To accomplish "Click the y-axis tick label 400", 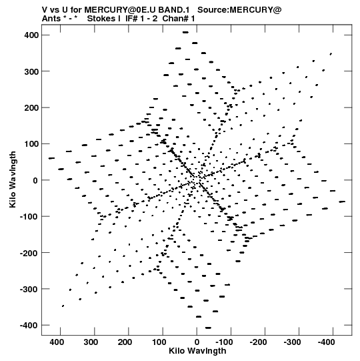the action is pos(31,35).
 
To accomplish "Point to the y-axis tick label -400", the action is pos(29,326).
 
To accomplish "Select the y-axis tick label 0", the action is pos(35,180).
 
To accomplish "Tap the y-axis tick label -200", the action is pos(29,253).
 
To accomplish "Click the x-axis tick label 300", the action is pos(91,342).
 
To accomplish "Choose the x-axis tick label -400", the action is pos(326,342).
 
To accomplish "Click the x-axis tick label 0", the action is pos(197,342).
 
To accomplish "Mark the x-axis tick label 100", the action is pos(159,342).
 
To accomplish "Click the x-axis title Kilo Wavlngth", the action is pos(197,351).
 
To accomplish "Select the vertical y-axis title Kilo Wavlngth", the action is pos(13,179).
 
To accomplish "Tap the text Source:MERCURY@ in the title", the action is pos(239,10).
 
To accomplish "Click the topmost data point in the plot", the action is pos(185,32).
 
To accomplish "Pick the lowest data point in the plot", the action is pos(208,328).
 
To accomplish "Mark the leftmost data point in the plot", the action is pos(51,158).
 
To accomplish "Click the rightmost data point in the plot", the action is pos(342,202).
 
